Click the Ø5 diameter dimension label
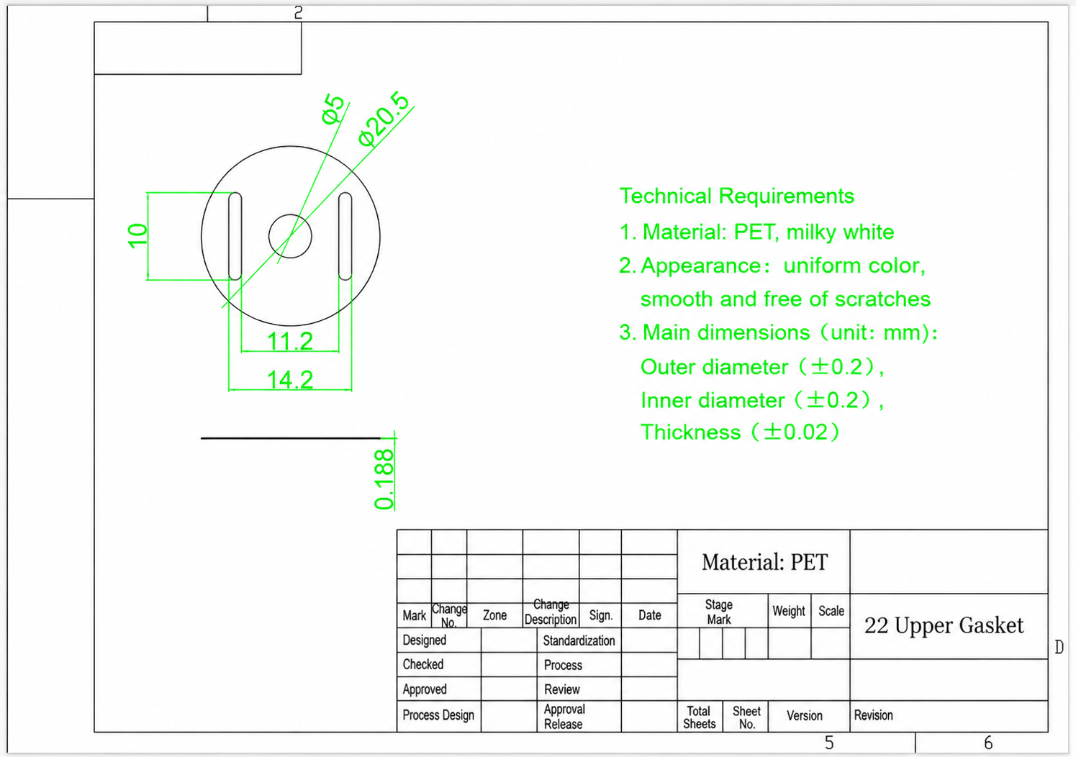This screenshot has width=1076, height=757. [333, 109]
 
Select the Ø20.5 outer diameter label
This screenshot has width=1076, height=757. [384, 118]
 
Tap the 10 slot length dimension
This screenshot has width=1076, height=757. [137, 235]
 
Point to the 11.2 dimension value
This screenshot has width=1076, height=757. [289, 341]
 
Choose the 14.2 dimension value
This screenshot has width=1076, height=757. [289, 379]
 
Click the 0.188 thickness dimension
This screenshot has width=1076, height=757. [384, 479]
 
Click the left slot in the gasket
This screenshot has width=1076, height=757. [235, 236]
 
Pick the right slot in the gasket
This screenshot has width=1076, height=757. [345, 236]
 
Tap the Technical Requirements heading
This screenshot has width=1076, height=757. [737, 196]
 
